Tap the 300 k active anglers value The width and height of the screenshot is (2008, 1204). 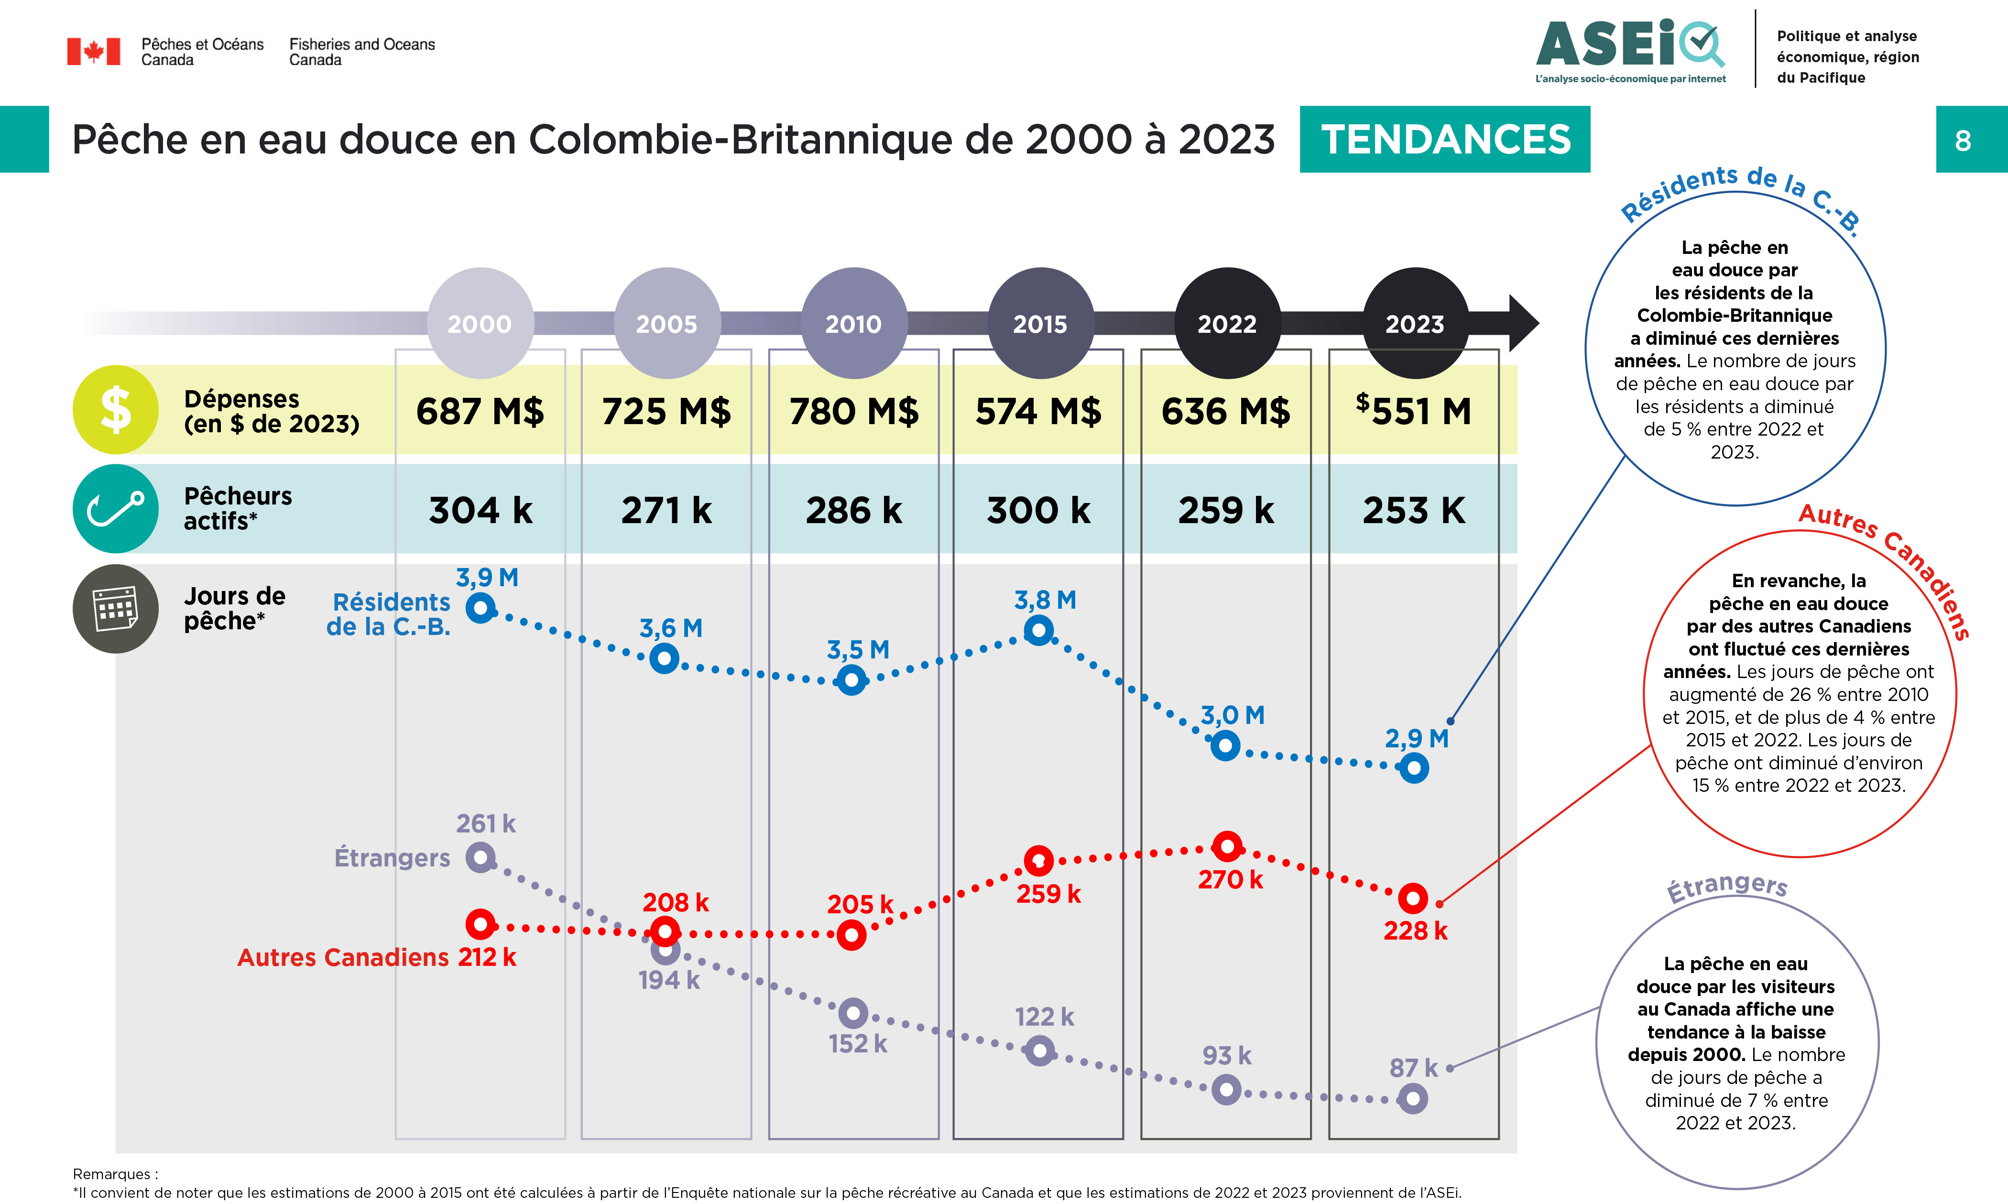coord(1039,510)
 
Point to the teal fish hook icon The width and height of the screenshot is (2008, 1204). coord(115,509)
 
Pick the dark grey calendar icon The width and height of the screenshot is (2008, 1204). coord(115,609)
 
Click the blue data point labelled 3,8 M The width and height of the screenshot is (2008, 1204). coord(1039,630)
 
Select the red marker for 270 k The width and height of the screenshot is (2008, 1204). coord(1227,847)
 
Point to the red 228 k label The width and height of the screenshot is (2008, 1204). coord(1415,930)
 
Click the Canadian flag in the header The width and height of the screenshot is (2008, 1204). coord(93,51)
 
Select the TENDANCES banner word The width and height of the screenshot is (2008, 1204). coord(1445,140)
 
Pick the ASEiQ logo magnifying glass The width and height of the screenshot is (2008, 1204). coord(1702,42)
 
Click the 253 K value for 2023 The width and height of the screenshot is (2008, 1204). coord(1414,510)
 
